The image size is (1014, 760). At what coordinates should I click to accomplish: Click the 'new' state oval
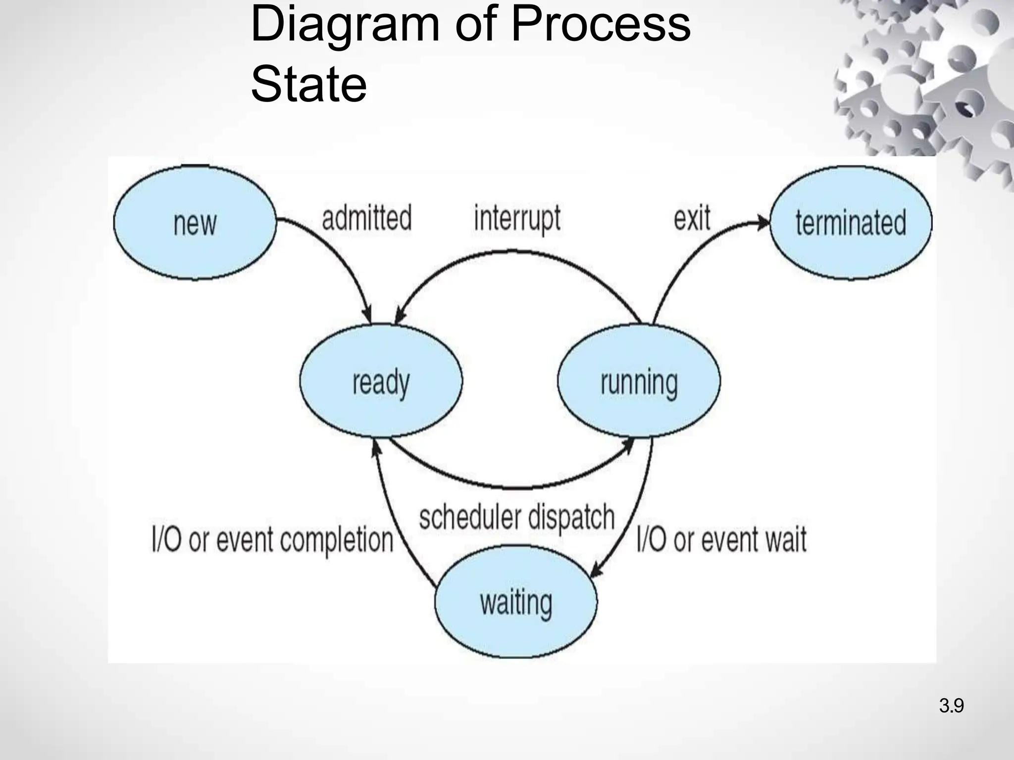195,223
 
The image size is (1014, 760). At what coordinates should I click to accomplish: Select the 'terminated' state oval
851,223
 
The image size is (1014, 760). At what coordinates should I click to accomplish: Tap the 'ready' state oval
381,381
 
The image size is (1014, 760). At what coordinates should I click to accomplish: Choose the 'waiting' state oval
516,602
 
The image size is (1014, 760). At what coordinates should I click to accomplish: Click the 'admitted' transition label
366,218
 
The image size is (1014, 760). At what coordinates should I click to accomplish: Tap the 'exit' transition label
692,218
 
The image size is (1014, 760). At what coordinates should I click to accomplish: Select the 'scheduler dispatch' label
516,518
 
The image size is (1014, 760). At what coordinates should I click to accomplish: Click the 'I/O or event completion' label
272,539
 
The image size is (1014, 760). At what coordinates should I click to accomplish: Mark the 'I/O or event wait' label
721,539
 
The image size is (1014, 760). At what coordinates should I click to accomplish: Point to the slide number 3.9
951,706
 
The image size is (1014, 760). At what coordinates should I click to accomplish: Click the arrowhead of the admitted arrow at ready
367,317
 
